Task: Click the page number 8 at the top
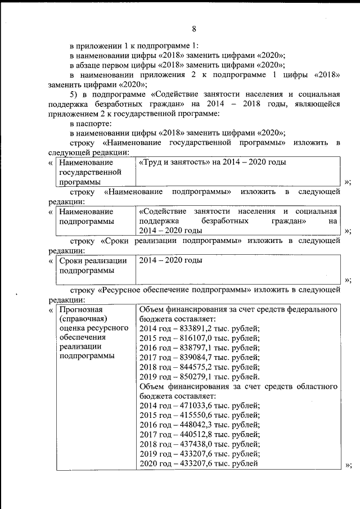(x=193, y=29)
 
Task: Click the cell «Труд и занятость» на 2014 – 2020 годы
(x=213, y=162)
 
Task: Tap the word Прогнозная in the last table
(x=81, y=309)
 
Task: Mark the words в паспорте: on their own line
(x=91, y=123)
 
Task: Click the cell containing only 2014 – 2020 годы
(x=170, y=261)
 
